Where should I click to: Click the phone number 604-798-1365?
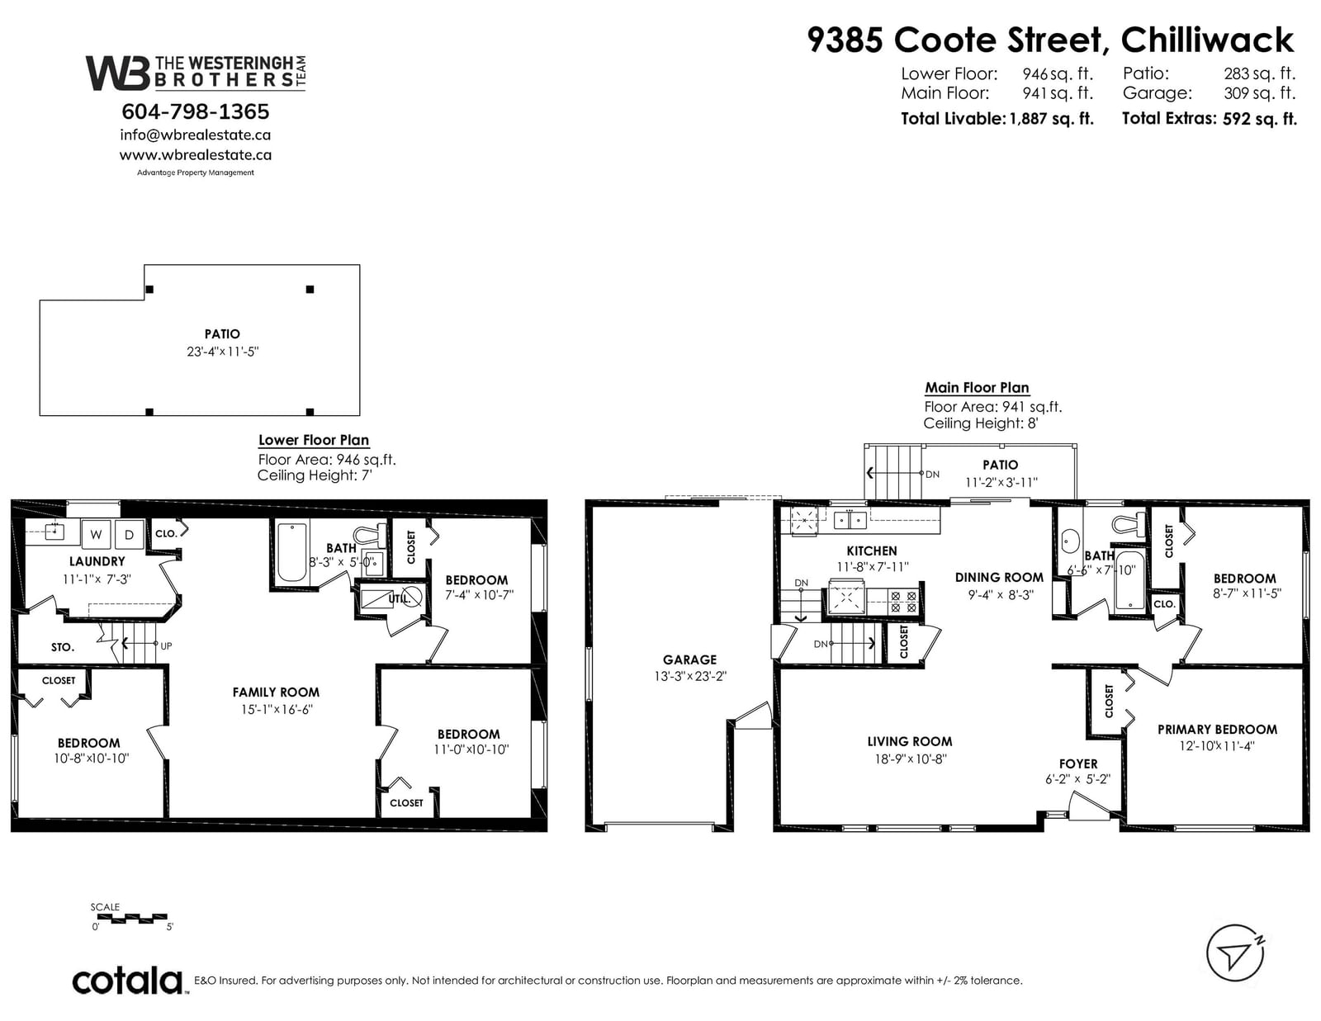[195, 111]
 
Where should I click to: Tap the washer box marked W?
[96, 534]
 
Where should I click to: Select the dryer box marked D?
[129, 534]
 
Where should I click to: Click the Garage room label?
[689, 659]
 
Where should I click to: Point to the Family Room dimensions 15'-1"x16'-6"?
[277, 709]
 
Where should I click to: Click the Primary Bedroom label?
[1217, 730]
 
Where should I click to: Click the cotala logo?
[129, 981]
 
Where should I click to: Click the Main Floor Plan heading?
[977, 388]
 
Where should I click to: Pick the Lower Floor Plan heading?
[314, 440]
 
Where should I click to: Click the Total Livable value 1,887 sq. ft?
[1052, 119]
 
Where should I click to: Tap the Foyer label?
[1078, 764]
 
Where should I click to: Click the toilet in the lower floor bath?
[367, 536]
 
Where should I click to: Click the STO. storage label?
[63, 648]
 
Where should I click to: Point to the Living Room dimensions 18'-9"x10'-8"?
[911, 759]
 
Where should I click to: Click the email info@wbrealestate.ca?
[195, 135]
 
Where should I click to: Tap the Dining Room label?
[999, 577]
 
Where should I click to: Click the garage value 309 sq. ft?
[1260, 93]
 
